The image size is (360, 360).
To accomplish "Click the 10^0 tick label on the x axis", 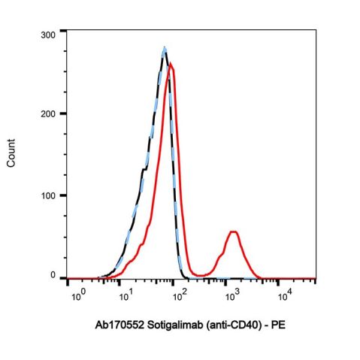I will (x=77, y=294).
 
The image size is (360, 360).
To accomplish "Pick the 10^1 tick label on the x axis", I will (x=128, y=294).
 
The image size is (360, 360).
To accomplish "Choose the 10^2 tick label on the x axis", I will (x=180, y=294).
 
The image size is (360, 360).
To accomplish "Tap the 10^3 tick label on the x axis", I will (x=231, y=294).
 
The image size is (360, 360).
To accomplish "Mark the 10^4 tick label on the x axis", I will (x=283, y=294).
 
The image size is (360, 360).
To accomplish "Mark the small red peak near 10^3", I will (x=234, y=232).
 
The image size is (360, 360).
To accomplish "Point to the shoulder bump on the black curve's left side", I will (x=143, y=170).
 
